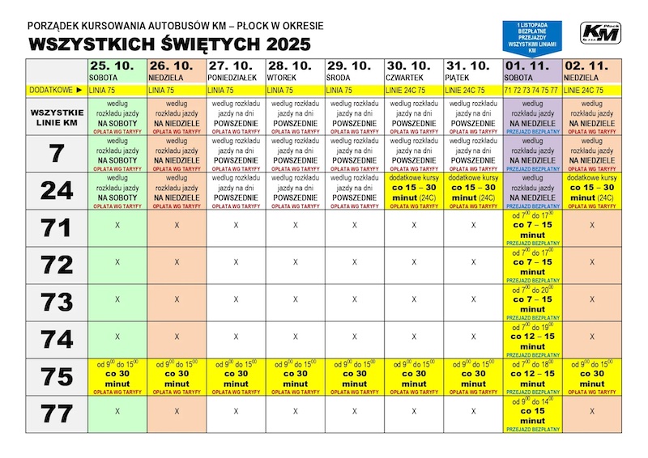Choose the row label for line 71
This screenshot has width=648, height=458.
pyautogui.click(x=57, y=228)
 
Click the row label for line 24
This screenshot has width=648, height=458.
pyautogui.click(x=57, y=191)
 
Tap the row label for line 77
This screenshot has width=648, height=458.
pyautogui.click(x=57, y=413)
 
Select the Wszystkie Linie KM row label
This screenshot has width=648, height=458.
pyautogui.click(x=57, y=116)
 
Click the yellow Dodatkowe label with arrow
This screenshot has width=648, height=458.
pyautogui.click(x=57, y=90)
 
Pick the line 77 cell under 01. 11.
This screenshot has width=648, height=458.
pyautogui.click(x=531, y=413)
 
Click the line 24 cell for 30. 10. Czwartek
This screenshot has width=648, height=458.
pyautogui.click(x=413, y=191)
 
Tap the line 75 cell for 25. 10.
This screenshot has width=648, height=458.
pyautogui.click(x=117, y=376)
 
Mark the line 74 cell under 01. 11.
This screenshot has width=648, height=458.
pyautogui.click(x=531, y=339)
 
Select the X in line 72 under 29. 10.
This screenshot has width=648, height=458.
pyautogui.click(x=354, y=262)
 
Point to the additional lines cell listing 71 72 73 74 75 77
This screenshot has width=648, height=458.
pyautogui.click(x=531, y=90)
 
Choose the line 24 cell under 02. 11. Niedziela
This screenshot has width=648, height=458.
pyautogui.click(x=591, y=191)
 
